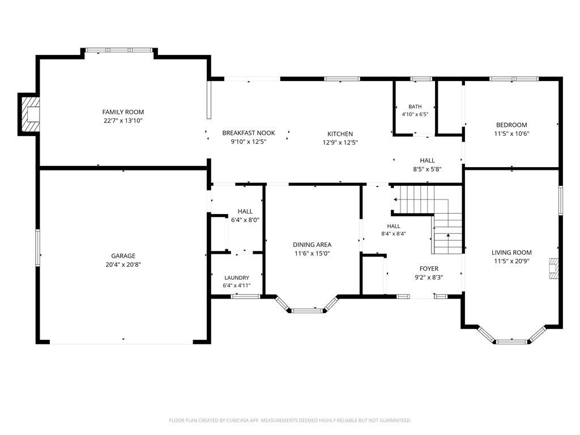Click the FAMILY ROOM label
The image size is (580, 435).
point(123,112)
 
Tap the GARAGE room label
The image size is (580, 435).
point(123,256)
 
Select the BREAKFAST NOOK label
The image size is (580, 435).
point(249,133)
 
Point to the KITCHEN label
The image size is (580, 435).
point(340,134)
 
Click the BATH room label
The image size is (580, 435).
point(415,106)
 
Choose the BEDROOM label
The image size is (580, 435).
point(511,125)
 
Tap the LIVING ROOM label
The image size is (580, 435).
point(511,253)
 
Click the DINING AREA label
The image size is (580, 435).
point(312,245)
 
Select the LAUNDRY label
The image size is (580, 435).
point(237,278)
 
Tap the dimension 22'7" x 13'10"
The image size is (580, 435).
point(123,121)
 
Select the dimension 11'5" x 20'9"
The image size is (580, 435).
point(511,261)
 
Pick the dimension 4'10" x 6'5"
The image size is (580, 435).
point(415,114)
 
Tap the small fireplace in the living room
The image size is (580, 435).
point(553,268)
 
